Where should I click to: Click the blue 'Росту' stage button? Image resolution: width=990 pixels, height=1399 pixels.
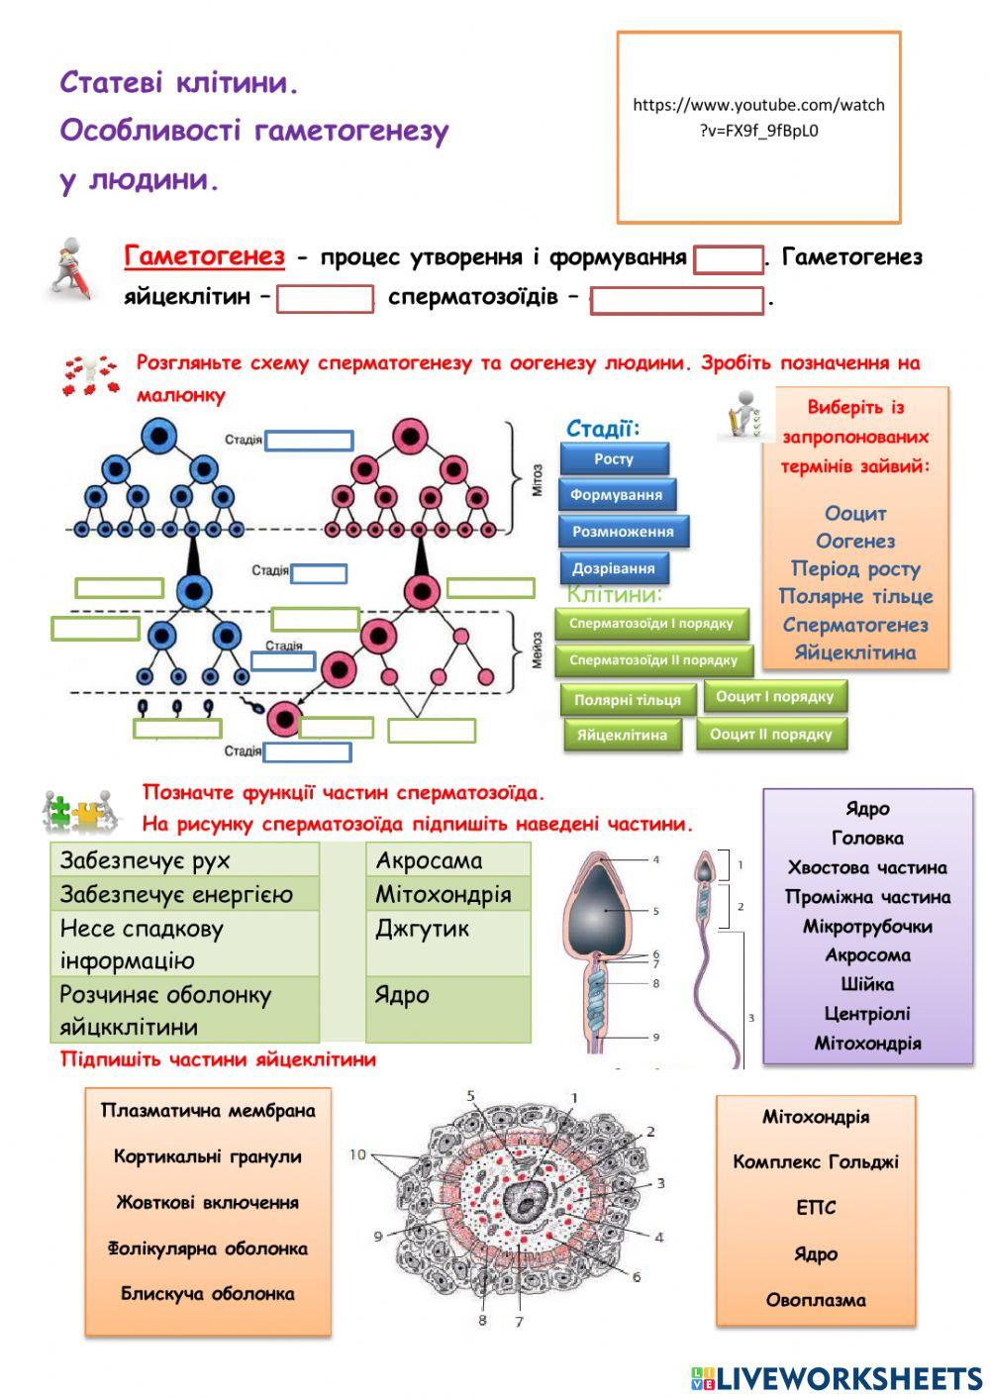click(614, 458)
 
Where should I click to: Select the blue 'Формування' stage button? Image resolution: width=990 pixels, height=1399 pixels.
click(616, 494)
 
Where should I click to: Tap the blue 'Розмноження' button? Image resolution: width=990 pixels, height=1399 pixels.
click(623, 532)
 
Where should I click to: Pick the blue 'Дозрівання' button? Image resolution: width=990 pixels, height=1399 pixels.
click(614, 568)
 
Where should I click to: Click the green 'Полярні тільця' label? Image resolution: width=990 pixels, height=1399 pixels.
click(627, 700)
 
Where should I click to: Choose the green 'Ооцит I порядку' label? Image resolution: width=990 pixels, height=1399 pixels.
click(774, 697)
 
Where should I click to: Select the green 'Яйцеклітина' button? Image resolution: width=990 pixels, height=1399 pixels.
click(622, 736)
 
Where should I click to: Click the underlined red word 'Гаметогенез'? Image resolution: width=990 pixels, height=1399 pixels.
click(204, 256)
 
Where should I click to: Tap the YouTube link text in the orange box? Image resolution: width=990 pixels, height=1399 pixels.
click(758, 117)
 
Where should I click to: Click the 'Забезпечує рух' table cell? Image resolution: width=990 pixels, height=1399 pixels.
click(184, 860)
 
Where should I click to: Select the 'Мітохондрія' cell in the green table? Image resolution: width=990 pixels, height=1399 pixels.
click(447, 895)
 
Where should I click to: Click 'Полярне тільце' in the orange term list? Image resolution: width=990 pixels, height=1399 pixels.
click(855, 596)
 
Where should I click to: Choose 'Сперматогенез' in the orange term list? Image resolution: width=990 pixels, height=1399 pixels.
click(855, 625)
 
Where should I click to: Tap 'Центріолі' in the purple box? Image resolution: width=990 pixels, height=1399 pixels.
click(867, 1014)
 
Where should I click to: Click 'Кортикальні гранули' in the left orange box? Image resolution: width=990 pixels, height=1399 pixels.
click(207, 1156)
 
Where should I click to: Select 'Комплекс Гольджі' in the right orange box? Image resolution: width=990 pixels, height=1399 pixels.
click(816, 1162)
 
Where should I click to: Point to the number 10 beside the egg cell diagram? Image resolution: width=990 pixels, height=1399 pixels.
click(357, 1154)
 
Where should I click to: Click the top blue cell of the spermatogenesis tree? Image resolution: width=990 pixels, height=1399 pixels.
click(158, 437)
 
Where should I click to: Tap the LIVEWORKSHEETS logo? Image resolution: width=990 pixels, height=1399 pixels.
click(837, 1377)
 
